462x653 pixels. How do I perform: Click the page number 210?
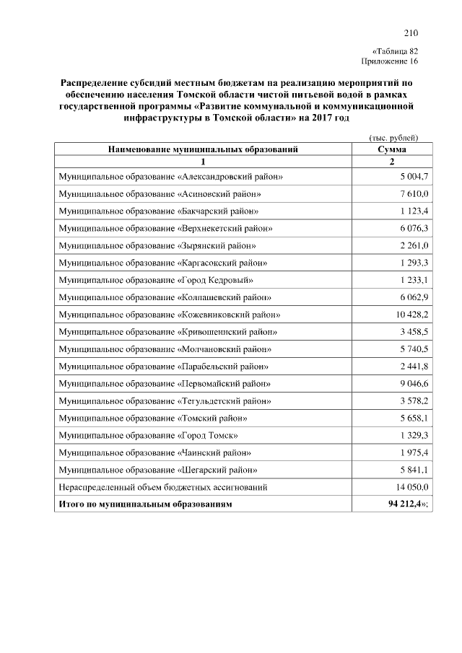pos(411,33)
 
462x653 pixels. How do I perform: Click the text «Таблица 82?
pos(395,51)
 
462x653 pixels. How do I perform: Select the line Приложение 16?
pos(395,61)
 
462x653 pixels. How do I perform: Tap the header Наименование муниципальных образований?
pos(203,149)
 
